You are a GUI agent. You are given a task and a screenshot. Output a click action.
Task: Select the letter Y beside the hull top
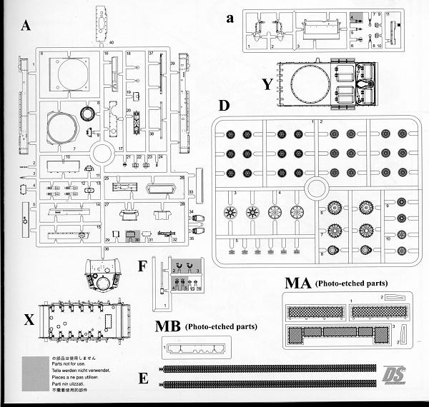(x=267, y=84)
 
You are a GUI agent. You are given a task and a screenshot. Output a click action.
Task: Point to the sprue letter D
(x=223, y=106)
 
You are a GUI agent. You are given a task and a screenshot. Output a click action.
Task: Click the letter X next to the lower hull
(x=29, y=320)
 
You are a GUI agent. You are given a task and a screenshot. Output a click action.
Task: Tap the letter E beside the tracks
(x=144, y=377)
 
